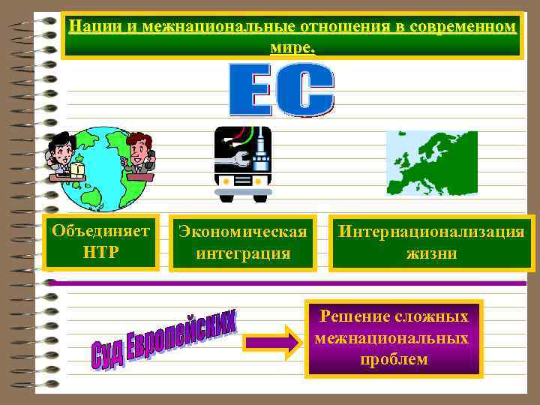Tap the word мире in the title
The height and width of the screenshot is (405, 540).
click(x=291, y=46)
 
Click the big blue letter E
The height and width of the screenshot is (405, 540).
click(x=253, y=89)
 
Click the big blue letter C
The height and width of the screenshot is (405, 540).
click(x=308, y=89)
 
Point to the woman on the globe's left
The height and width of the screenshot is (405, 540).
click(x=64, y=155)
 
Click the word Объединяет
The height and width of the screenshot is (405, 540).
click(x=100, y=229)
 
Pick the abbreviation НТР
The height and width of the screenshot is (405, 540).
click(x=100, y=250)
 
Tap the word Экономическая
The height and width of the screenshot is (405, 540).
click(x=242, y=232)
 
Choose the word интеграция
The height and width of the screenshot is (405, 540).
click(x=242, y=253)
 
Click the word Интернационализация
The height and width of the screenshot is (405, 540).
click(x=431, y=232)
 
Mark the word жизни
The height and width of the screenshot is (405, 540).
click(x=431, y=253)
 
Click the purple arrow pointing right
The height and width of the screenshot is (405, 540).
click(x=271, y=343)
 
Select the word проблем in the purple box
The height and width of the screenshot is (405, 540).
click(x=394, y=359)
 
